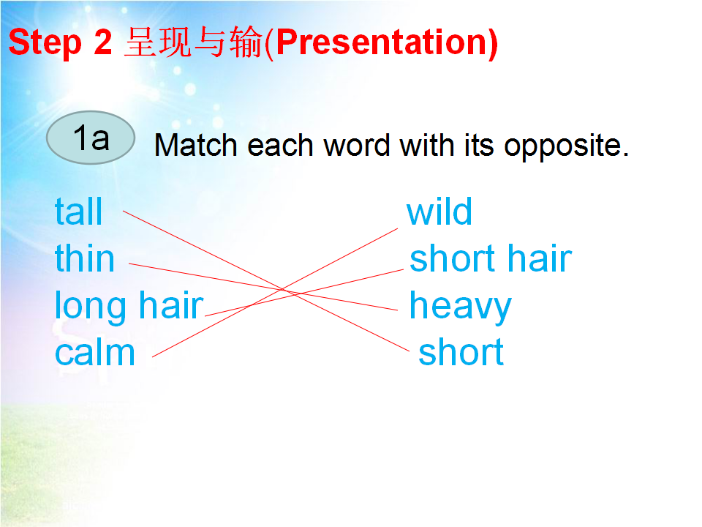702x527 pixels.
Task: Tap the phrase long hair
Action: (129, 307)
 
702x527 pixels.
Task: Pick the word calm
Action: (95, 352)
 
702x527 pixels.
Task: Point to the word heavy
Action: (460, 307)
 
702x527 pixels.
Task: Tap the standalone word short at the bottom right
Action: (461, 352)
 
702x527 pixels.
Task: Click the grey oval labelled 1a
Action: (91, 138)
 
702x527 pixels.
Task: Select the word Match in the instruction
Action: (196, 146)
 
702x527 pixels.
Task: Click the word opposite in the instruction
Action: (566, 147)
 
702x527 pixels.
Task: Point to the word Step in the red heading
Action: (45, 43)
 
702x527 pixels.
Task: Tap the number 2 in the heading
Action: (103, 42)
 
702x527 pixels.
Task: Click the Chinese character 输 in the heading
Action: (246, 42)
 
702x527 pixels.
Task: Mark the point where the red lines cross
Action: (284, 290)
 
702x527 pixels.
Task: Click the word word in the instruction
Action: (357, 146)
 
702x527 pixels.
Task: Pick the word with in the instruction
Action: (427, 146)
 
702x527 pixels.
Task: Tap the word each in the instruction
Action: (280, 146)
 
